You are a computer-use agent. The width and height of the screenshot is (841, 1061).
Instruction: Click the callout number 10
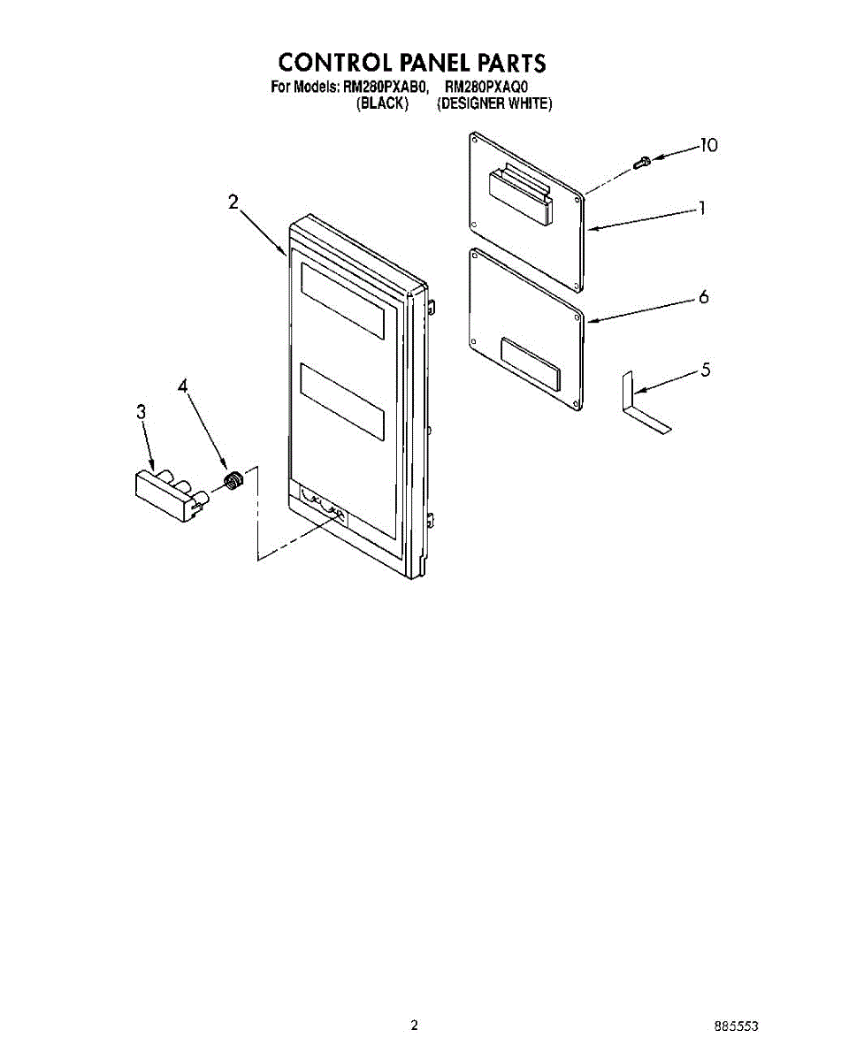click(x=707, y=146)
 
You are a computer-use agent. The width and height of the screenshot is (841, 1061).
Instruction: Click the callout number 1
click(x=702, y=209)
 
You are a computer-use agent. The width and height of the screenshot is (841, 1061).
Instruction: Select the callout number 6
click(x=703, y=297)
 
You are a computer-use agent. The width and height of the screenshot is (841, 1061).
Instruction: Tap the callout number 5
click(x=705, y=370)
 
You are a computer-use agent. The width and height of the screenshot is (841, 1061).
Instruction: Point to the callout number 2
click(x=233, y=202)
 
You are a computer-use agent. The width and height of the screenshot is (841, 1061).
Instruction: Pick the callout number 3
click(x=141, y=411)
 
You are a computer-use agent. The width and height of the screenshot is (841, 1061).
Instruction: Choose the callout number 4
click(x=183, y=386)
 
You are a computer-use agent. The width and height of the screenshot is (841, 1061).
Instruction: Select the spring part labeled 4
click(x=233, y=481)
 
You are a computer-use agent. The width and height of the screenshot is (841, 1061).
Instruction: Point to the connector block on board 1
click(x=520, y=195)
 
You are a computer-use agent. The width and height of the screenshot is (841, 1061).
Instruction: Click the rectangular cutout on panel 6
click(x=529, y=363)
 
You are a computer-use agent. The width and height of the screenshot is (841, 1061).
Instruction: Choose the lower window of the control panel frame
click(x=342, y=402)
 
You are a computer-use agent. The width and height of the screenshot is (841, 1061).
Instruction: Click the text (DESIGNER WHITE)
click(x=494, y=103)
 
